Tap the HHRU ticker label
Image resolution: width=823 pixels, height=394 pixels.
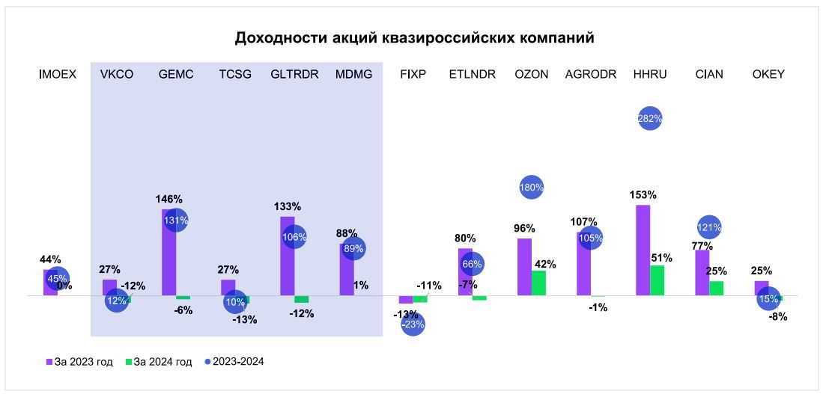(649, 74)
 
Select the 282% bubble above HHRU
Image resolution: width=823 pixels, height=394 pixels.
(650, 118)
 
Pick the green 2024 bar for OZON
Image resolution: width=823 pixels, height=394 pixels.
(538, 283)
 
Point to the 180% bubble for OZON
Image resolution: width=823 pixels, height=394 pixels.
(531, 188)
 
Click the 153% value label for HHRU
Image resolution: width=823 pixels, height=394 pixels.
(643, 195)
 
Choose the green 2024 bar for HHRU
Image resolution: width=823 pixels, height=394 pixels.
(657, 280)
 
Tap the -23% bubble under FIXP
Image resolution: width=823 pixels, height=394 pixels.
(413, 324)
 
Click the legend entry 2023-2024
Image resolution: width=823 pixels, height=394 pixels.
(234, 362)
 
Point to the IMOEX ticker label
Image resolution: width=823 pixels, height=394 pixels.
(58, 74)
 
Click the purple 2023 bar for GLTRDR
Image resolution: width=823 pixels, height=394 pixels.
(287, 256)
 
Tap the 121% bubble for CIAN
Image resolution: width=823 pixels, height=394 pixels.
(709, 227)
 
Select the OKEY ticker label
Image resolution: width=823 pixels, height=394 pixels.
(768, 74)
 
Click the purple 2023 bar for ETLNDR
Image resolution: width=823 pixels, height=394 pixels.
(465, 271)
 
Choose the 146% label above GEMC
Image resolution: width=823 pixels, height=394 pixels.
(169, 199)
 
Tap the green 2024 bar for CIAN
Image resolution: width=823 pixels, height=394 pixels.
(716, 288)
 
